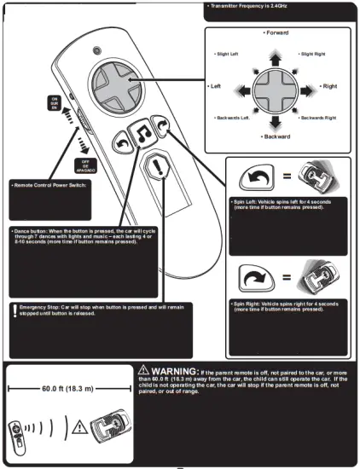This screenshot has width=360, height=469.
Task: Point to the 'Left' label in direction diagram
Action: [215, 87]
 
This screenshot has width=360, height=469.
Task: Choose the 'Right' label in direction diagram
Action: [329, 87]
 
